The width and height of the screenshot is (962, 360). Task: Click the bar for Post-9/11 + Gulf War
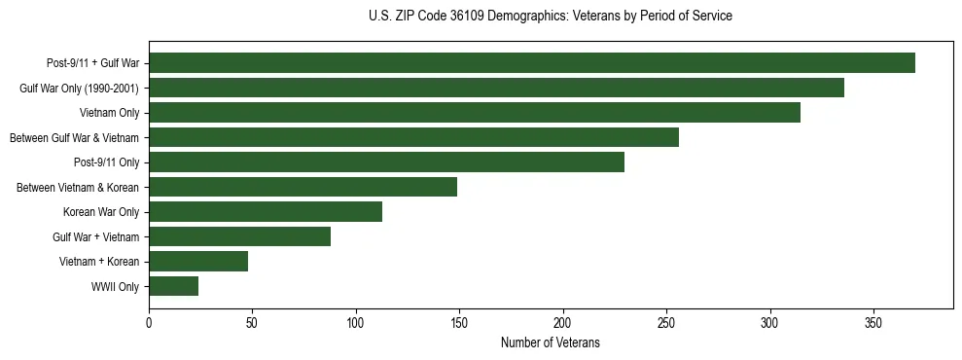point(532,63)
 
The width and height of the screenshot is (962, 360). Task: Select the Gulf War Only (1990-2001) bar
point(496,88)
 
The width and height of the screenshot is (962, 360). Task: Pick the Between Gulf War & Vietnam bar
point(413,137)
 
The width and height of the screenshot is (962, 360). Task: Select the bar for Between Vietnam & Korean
point(303,187)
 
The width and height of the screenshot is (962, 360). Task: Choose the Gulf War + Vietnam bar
point(239,236)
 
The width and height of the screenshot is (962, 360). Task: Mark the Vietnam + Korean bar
point(198,262)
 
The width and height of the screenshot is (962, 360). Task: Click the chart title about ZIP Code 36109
point(550,17)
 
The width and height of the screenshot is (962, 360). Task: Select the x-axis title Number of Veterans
point(550,343)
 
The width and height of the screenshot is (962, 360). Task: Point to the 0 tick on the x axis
point(149,322)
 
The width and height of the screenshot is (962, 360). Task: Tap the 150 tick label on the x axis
point(459,322)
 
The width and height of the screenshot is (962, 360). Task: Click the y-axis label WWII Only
point(115,287)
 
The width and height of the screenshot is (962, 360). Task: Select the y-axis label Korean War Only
point(101,212)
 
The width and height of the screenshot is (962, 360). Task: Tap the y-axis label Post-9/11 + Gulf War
point(92,63)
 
